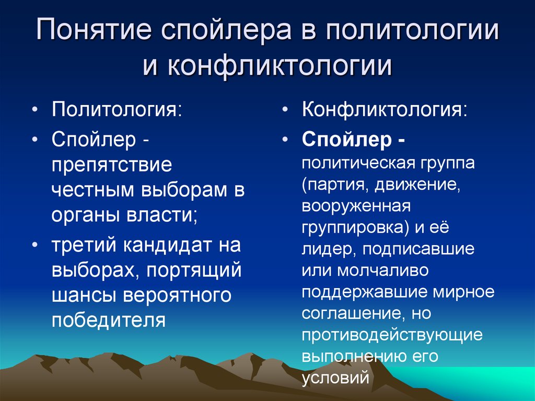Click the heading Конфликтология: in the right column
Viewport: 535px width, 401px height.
[385, 111]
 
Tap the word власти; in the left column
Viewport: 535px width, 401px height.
[167, 214]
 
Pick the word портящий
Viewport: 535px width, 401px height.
[194, 271]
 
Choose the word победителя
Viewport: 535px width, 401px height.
[109, 319]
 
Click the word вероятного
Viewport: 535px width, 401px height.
[177, 295]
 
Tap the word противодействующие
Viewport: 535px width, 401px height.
[391, 334]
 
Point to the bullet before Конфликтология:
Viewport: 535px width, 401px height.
[284, 111]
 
